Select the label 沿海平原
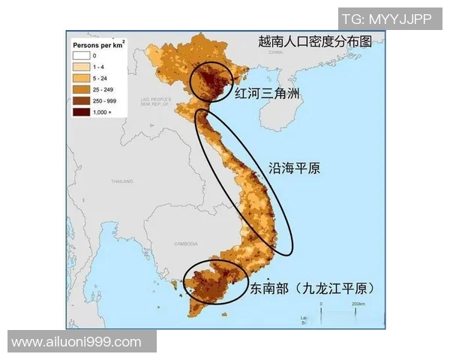coord(294,168)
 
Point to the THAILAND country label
coord(121,181)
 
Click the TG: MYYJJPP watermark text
coord(386,19)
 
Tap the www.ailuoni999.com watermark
coord(76,342)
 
